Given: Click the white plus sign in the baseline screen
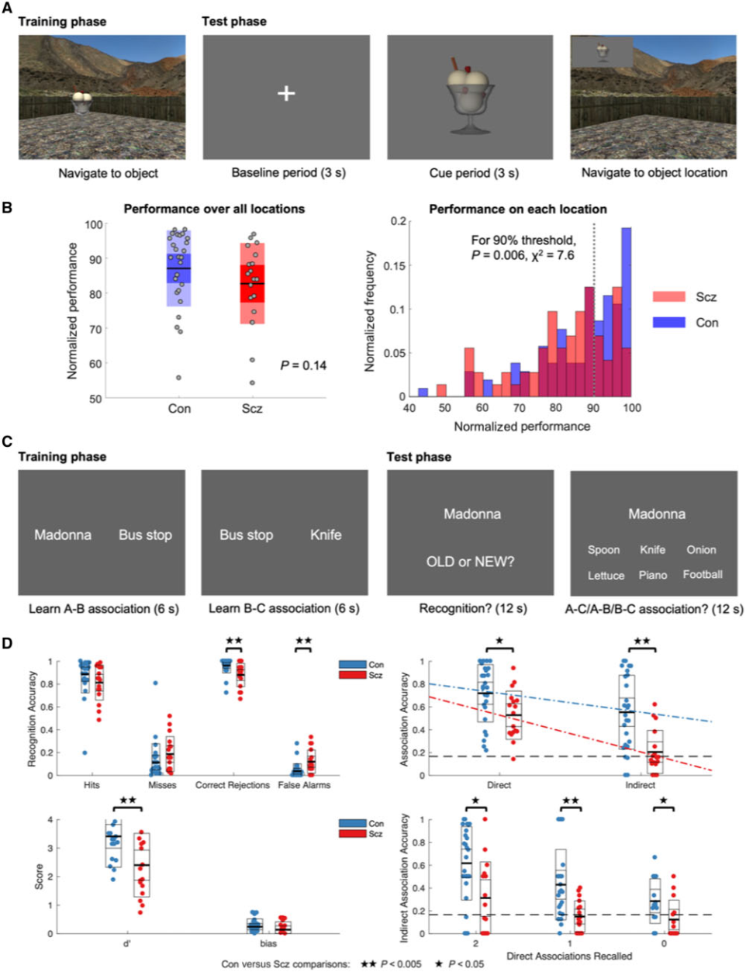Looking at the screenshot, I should pyautogui.click(x=286, y=93).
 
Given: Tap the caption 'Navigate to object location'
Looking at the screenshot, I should pyautogui.click(x=654, y=172).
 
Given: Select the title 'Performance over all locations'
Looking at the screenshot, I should pyautogui.click(x=214, y=209).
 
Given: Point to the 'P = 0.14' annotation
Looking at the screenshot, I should pyautogui.click(x=303, y=365).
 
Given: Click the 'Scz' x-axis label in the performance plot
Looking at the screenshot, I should pyautogui.click(x=251, y=408).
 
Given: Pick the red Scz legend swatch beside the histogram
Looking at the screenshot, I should pyautogui.click(x=668, y=296).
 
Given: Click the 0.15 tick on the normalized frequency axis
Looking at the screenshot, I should pyautogui.click(x=396, y=265).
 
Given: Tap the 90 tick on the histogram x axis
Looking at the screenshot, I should pyautogui.click(x=593, y=408).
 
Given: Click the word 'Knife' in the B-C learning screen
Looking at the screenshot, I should pyautogui.click(x=326, y=534).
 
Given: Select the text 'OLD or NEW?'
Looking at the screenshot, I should pyautogui.click(x=470, y=562).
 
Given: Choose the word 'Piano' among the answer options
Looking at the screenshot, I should pyautogui.click(x=653, y=575).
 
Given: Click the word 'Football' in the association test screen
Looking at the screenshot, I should pyautogui.click(x=703, y=575).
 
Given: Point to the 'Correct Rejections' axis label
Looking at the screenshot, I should pyautogui.click(x=233, y=785).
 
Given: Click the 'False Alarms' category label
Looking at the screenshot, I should pyautogui.click(x=304, y=785).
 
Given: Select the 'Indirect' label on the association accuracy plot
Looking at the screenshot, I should pyautogui.click(x=641, y=785).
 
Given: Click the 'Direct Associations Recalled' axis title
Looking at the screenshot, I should pyautogui.click(x=569, y=956).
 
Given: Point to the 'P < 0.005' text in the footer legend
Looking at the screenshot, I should pyautogui.click(x=402, y=964).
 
